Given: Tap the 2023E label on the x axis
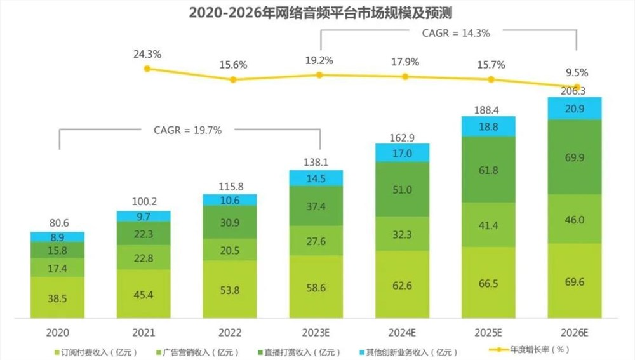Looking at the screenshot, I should click(x=316, y=332).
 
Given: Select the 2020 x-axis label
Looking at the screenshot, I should click(x=58, y=332).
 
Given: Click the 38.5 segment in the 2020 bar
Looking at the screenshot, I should click(x=58, y=296).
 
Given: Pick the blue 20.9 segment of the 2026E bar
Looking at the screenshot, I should click(x=575, y=109).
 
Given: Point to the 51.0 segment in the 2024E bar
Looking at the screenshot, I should click(x=403, y=189).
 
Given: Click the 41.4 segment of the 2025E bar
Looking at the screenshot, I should click(x=489, y=225).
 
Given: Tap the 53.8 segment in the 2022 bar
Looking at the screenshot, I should click(x=230, y=288).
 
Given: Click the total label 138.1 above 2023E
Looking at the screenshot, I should click(x=316, y=163).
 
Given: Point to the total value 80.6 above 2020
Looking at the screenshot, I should click(x=58, y=223).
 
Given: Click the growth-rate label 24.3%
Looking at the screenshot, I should click(x=147, y=55).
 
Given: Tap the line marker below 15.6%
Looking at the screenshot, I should click(x=233, y=80).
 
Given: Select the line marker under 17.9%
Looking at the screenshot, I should click(x=404, y=77).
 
